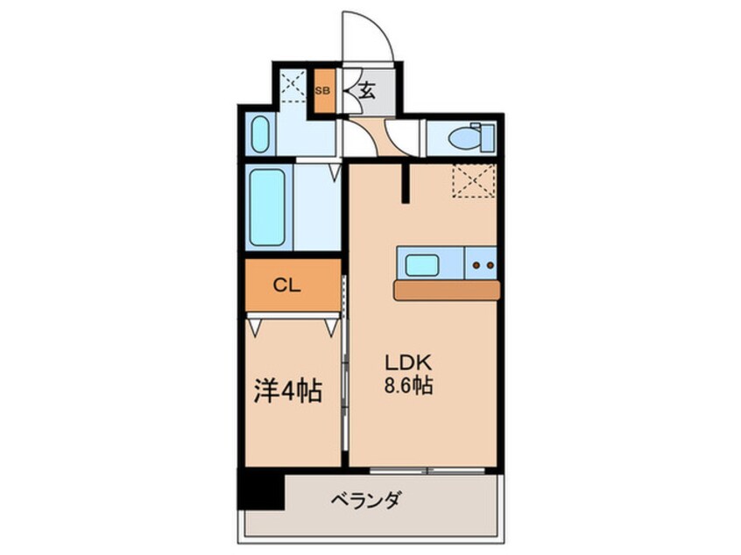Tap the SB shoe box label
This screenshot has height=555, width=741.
pyautogui.click(x=323, y=90)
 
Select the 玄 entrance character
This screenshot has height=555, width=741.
pyautogui.click(x=368, y=90)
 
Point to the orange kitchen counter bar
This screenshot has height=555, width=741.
pyautogui.click(x=446, y=290)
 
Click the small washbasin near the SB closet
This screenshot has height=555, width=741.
pyautogui.click(x=259, y=136)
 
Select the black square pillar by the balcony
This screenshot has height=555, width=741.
pyautogui.click(x=262, y=490)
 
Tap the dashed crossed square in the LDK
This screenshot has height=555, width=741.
pyautogui.click(x=473, y=181)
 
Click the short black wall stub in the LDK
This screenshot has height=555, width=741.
pyautogui.click(x=406, y=183)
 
